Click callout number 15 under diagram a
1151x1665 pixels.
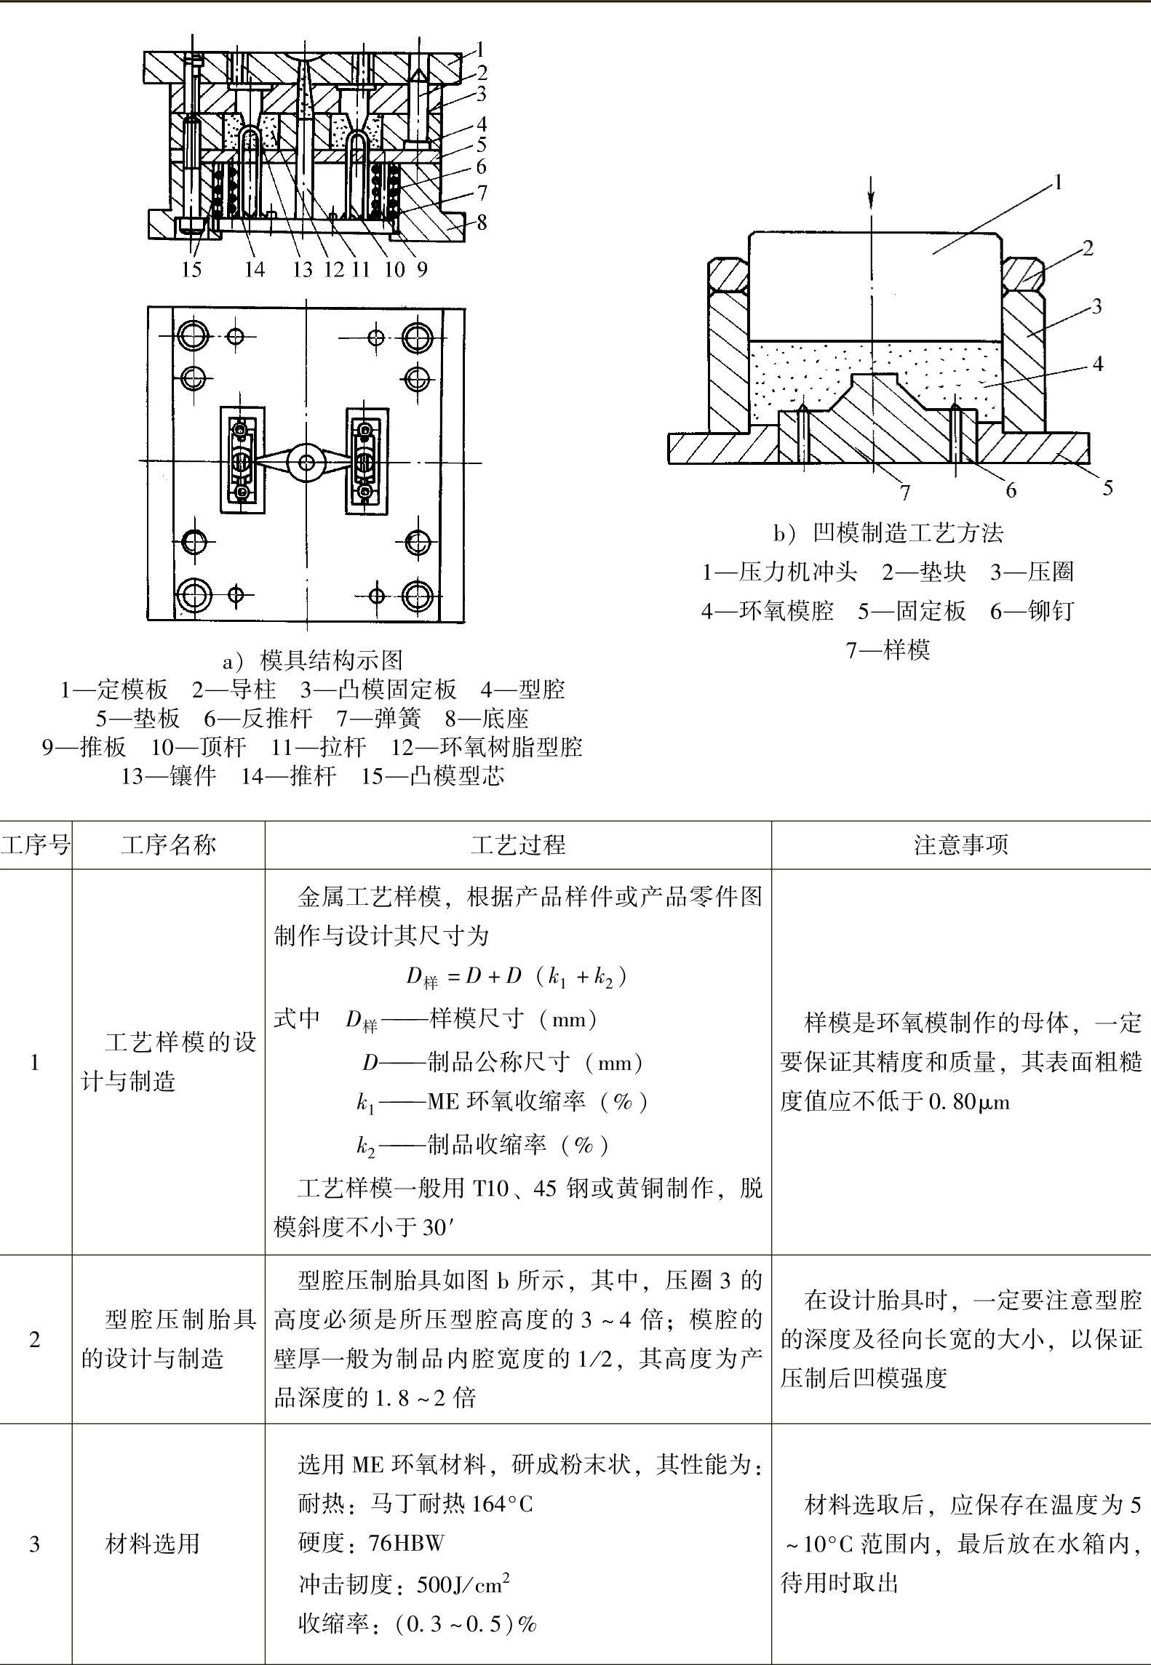click(x=191, y=270)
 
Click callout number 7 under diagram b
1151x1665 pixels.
click(x=905, y=493)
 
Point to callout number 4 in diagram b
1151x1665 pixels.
click(x=1098, y=363)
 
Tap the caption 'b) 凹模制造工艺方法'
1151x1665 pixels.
click(x=888, y=533)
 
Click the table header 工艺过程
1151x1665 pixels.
click(x=517, y=845)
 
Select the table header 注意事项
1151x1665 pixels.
click(x=960, y=845)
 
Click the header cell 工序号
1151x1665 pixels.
click(x=36, y=845)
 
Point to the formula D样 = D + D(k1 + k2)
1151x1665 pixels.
click(x=516, y=976)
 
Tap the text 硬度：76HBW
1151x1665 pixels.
click(x=370, y=1542)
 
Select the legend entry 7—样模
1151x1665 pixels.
click(x=888, y=649)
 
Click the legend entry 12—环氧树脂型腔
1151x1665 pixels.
click(x=486, y=747)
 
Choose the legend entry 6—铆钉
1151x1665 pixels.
click(x=1032, y=610)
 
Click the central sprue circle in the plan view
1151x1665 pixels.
click(x=306, y=462)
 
